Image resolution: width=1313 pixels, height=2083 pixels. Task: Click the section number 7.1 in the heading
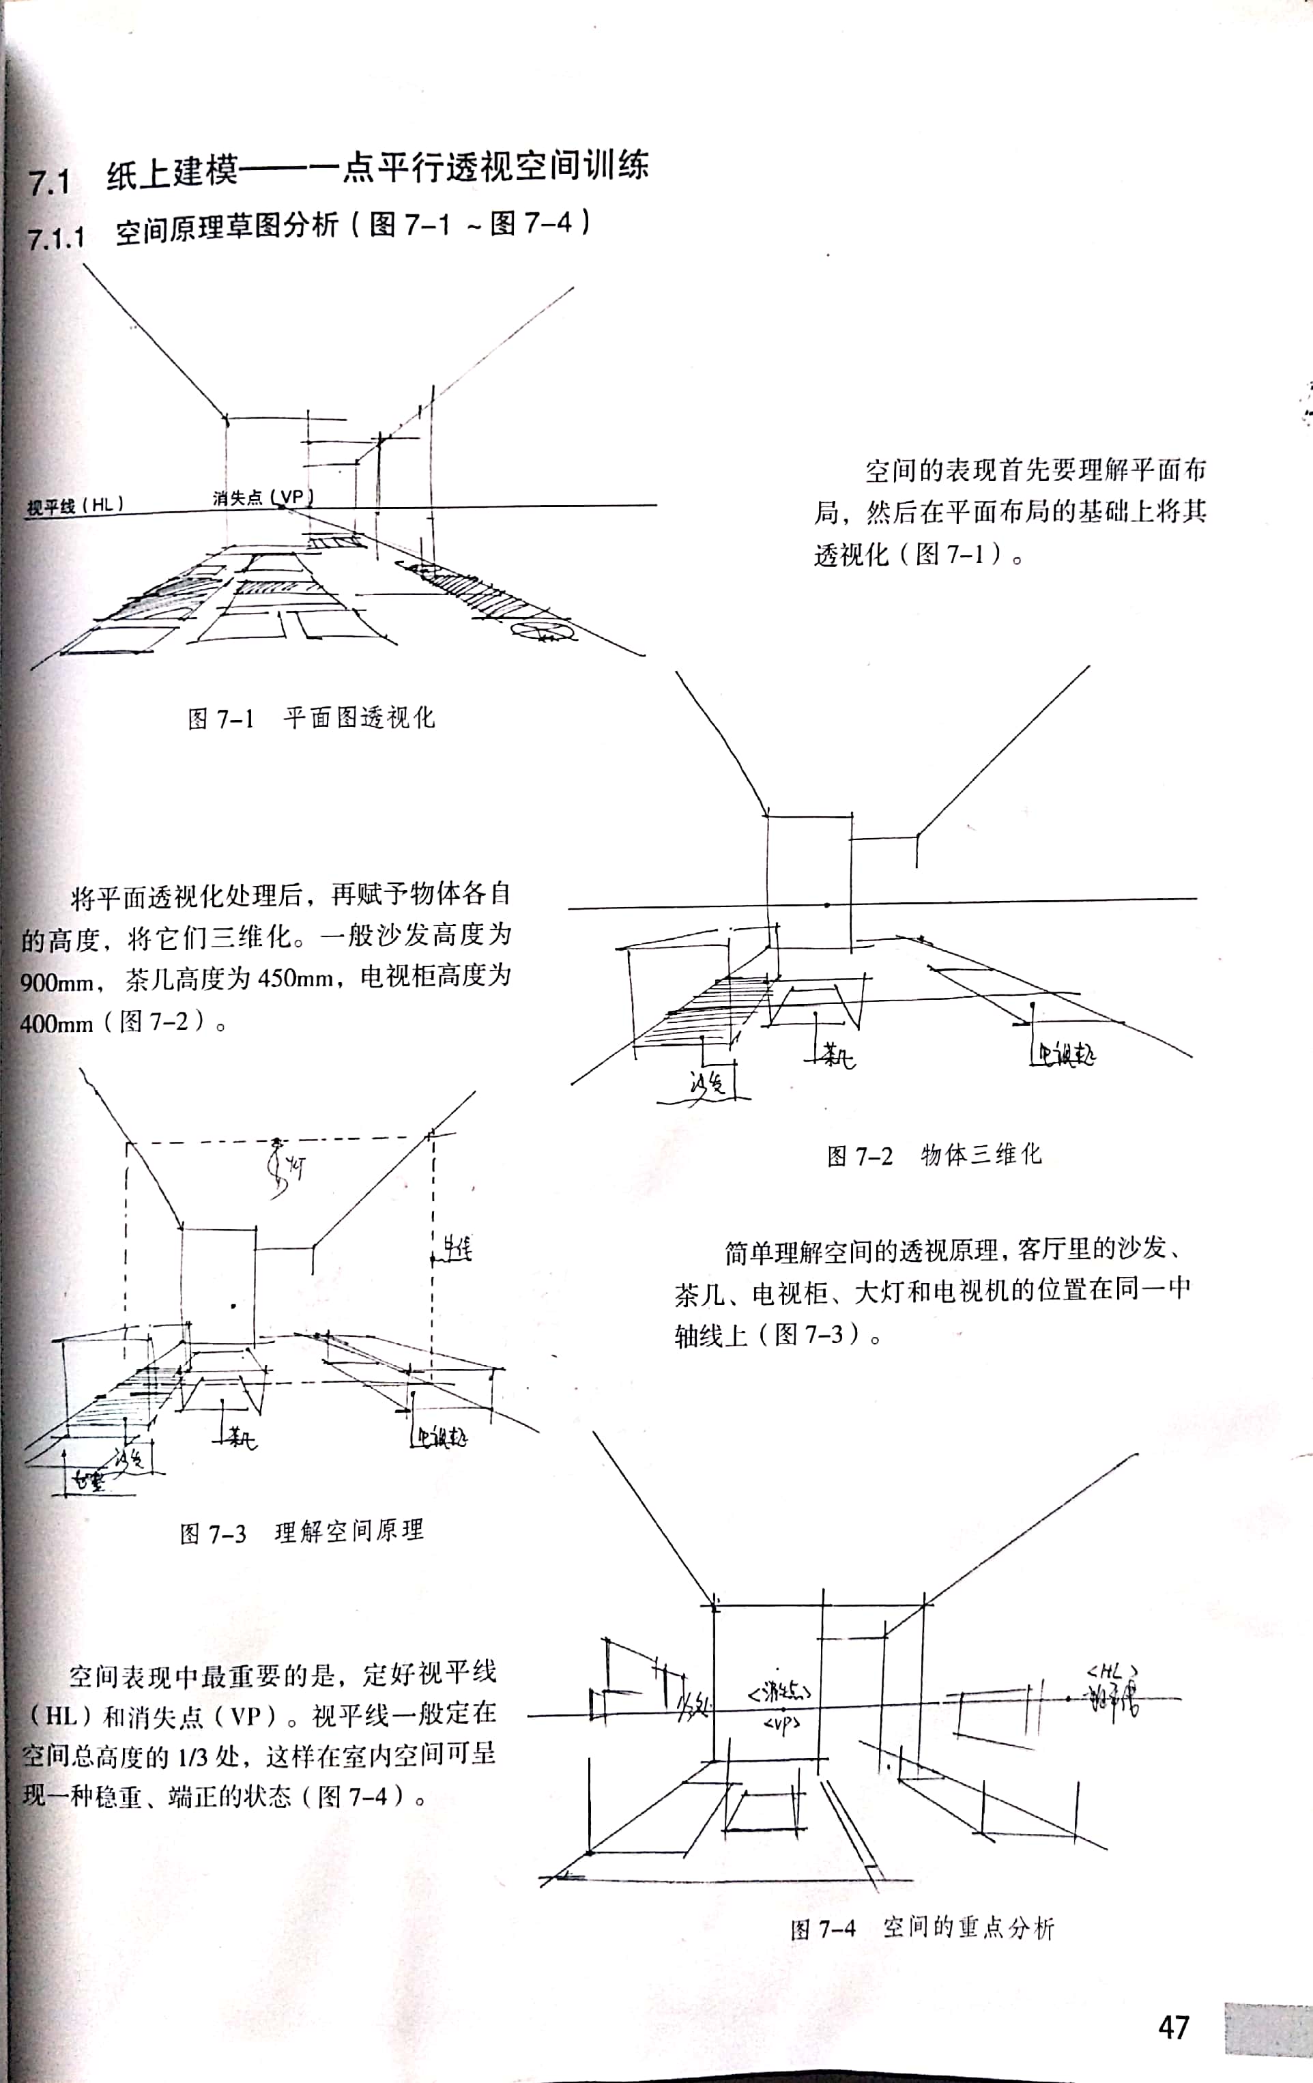click(x=48, y=182)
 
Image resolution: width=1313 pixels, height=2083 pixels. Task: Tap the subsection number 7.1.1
click(x=56, y=237)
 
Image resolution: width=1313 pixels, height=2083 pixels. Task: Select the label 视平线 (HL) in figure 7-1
click(x=75, y=505)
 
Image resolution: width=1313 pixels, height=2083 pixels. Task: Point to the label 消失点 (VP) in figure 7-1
click(x=262, y=498)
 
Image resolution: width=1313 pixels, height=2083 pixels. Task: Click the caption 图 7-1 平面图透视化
click(x=311, y=718)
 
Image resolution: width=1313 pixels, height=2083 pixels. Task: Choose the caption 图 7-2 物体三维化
click(x=934, y=1155)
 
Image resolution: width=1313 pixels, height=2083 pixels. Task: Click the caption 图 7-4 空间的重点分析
click(x=922, y=1928)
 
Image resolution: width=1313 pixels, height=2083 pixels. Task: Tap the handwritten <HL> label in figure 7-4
click(x=1112, y=1671)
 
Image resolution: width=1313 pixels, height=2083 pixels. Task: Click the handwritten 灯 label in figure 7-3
click(x=294, y=1170)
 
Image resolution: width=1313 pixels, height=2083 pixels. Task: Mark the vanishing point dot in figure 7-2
click(x=827, y=905)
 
